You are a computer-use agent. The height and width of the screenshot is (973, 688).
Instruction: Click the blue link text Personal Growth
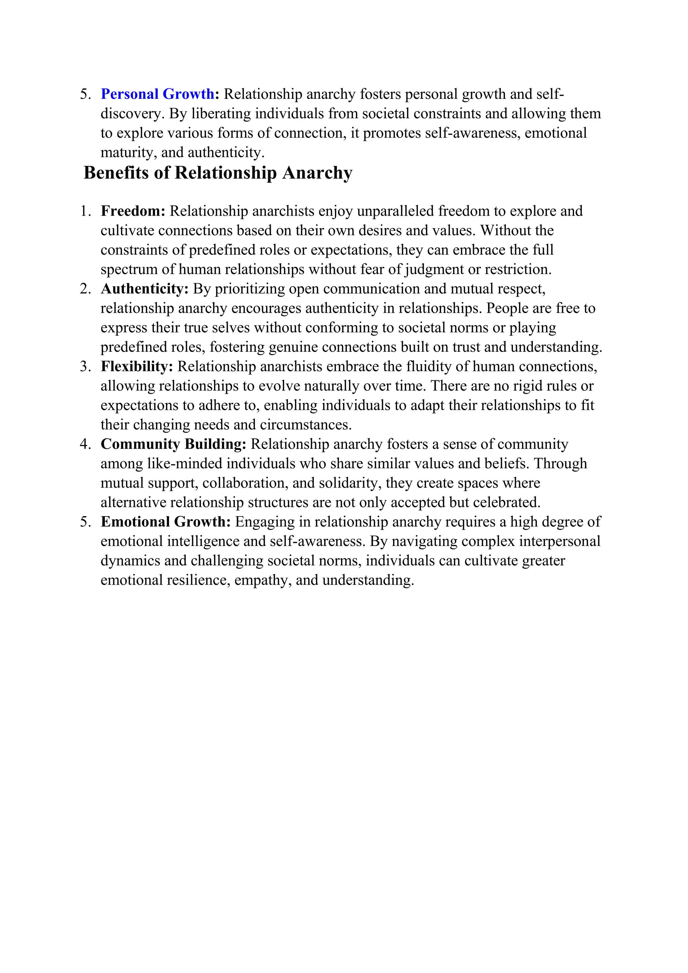[x=157, y=94]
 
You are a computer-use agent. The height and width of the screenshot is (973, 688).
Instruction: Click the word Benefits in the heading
[x=116, y=173]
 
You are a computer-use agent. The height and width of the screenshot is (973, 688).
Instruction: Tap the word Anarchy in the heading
[x=317, y=173]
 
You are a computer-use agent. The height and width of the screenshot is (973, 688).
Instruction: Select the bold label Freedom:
[x=133, y=211]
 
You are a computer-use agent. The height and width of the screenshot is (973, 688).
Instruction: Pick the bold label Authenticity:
[x=144, y=289]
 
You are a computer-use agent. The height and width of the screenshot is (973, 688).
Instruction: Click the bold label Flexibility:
[x=137, y=367]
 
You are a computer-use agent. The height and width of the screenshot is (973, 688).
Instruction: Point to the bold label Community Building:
[x=173, y=444]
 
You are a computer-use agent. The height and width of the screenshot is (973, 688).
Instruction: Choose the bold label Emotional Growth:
[x=166, y=522]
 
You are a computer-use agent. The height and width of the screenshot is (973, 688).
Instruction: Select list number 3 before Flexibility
[x=85, y=367]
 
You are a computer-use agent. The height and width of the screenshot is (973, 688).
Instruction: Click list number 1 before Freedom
[x=85, y=211]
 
